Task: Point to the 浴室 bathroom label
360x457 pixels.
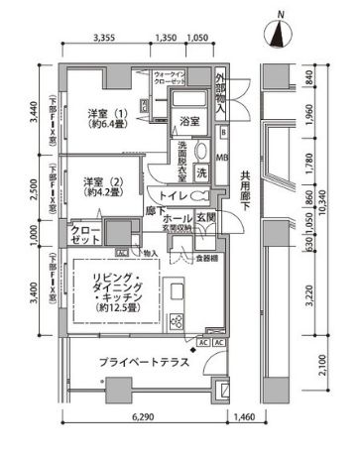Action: click(189, 121)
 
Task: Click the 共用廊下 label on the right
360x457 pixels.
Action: click(244, 197)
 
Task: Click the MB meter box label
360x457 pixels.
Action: click(222, 157)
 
